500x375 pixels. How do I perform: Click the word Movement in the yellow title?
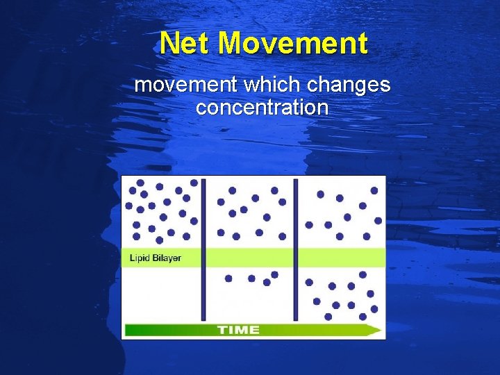click(292, 44)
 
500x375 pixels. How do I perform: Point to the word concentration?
click(262, 108)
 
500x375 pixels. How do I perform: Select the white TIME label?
click(238, 330)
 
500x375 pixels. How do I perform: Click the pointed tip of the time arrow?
click(381, 330)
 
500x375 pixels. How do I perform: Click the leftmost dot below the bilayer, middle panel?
click(228, 278)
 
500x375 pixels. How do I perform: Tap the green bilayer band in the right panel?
click(341, 257)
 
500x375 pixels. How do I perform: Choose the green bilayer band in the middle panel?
click(250, 257)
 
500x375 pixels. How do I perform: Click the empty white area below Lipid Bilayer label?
click(161, 292)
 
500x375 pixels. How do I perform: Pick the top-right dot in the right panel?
click(374, 190)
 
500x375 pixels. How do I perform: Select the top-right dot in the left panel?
click(194, 183)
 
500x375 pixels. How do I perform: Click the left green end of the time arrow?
click(129, 330)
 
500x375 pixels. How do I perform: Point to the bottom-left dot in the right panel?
click(328, 316)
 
